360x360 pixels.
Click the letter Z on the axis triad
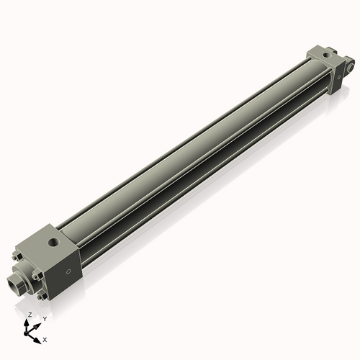30,315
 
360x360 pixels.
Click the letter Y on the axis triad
45,318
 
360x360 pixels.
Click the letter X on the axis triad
45,338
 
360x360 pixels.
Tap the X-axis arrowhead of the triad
38,336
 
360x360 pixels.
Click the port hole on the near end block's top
52,238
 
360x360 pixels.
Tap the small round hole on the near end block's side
68,271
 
